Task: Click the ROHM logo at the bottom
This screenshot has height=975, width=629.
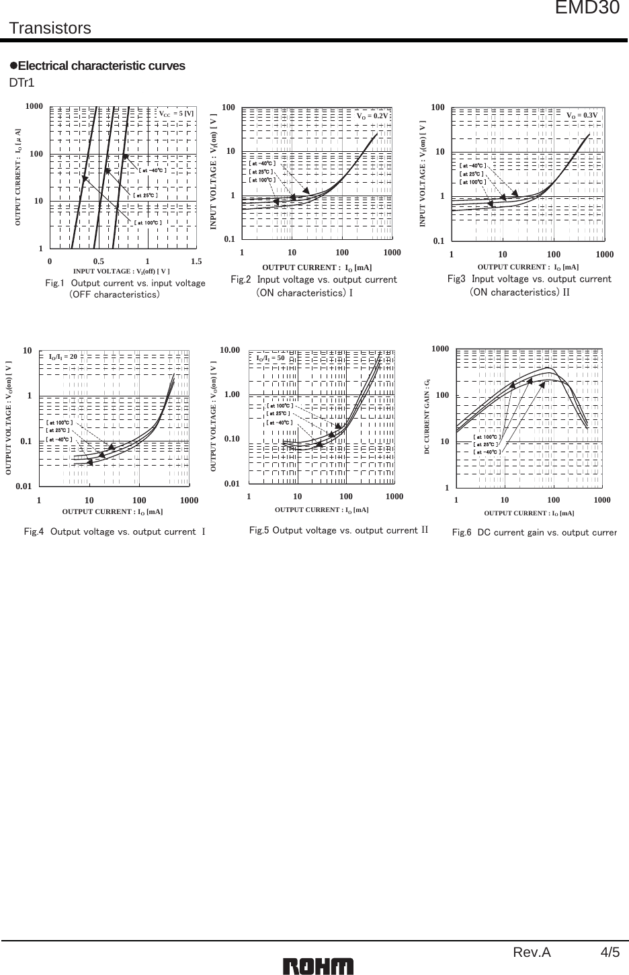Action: coord(318,966)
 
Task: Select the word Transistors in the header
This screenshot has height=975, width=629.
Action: coord(50,28)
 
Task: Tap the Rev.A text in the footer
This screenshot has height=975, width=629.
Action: coord(532,952)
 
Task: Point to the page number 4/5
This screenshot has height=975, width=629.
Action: coord(611,952)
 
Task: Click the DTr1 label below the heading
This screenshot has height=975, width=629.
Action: coord(22,83)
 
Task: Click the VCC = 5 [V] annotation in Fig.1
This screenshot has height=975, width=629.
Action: coord(176,114)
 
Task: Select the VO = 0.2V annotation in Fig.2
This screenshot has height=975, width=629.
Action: coord(372,116)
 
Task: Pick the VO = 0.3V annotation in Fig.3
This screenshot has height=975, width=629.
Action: coord(582,116)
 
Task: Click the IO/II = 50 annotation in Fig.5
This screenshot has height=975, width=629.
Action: coord(271,358)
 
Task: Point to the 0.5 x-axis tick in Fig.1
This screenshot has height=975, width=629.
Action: coord(98,261)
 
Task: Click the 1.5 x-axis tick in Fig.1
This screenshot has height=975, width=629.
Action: coord(196,261)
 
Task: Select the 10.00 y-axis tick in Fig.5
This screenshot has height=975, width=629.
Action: coord(230,350)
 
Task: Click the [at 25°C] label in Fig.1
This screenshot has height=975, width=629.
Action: coord(146,195)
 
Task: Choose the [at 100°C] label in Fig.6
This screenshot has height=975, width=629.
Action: coord(487,437)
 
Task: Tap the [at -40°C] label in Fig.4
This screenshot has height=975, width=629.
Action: coord(58,439)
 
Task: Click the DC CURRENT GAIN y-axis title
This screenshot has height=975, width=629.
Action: coord(427,416)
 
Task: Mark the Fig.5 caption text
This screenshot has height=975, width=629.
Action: coord(338,531)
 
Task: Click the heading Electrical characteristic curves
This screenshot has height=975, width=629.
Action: coord(101,66)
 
